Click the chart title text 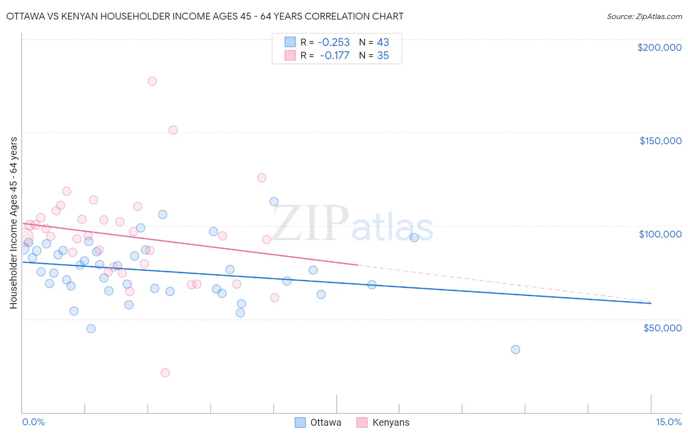(x=205, y=16)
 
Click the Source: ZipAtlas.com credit (x=644, y=16)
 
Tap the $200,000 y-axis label (x=659, y=47)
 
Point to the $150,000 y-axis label (x=660, y=141)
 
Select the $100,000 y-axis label (x=660, y=234)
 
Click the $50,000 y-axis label (x=662, y=328)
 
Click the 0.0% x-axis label (x=33, y=422)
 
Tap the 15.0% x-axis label (x=668, y=422)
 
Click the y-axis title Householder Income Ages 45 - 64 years (x=14, y=223)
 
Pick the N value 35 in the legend (x=383, y=56)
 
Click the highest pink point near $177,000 (x=152, y=81)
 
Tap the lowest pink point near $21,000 (x=165, y=372)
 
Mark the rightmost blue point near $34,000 (x=515, y=349)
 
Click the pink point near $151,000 (x=173, y=130)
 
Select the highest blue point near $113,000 (x=274, y=202)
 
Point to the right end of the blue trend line (x=651, y=304)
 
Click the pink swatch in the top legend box (x=290, y=56)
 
